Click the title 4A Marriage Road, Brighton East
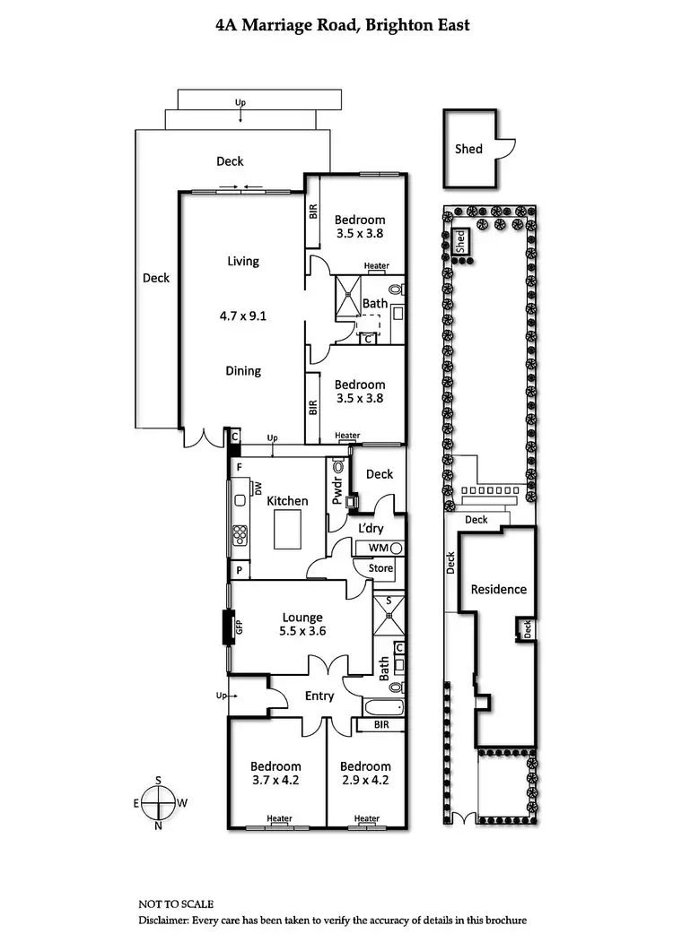343,26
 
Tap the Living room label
242,262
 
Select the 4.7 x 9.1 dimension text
242,316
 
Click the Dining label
242,370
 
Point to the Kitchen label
287,501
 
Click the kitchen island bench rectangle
289,527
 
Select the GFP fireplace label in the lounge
240,627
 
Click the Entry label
319,696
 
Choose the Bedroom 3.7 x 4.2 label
275,773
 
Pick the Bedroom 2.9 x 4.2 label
365,773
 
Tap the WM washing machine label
378,548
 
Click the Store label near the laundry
381,567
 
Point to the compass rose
159,803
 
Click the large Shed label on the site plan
468,149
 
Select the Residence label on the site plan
499,589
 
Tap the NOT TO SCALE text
176,904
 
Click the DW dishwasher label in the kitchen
258,488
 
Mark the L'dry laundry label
371,529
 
